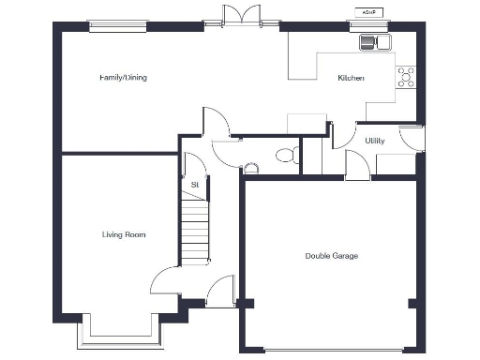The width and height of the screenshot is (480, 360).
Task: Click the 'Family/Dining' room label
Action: click(124, 78)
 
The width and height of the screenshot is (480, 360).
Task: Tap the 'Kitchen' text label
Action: click(352, 79)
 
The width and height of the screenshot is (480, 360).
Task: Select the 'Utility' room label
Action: click(363, 141)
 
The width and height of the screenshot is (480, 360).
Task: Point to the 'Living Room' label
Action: click(124, 234)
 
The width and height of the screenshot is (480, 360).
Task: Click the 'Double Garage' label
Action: click(331, 256)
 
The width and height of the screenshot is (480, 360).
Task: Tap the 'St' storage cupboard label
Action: click(195, 185)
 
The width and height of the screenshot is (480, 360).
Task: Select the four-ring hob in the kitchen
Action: click(407, 77)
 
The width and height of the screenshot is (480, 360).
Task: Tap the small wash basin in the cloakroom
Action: click(250, 169)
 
